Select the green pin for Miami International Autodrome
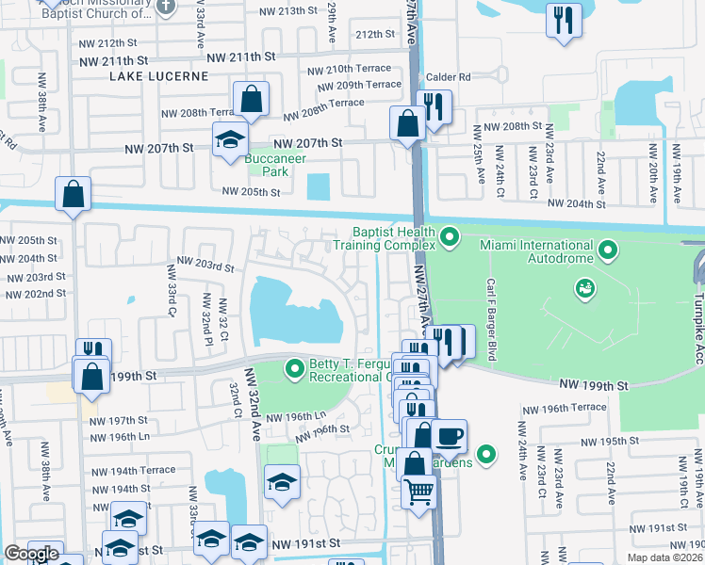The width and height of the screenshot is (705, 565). pos(608,250)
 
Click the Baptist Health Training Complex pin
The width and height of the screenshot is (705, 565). pos(450,238)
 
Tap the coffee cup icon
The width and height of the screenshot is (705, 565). pos(451,436)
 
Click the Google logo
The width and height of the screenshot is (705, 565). pos(31,554)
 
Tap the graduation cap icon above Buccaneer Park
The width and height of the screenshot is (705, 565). pos(228,139)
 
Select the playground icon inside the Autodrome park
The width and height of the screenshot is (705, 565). pos(585,285)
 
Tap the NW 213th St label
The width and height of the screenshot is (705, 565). pos(259,10)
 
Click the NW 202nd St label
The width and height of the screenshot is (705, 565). pos(35,294)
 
